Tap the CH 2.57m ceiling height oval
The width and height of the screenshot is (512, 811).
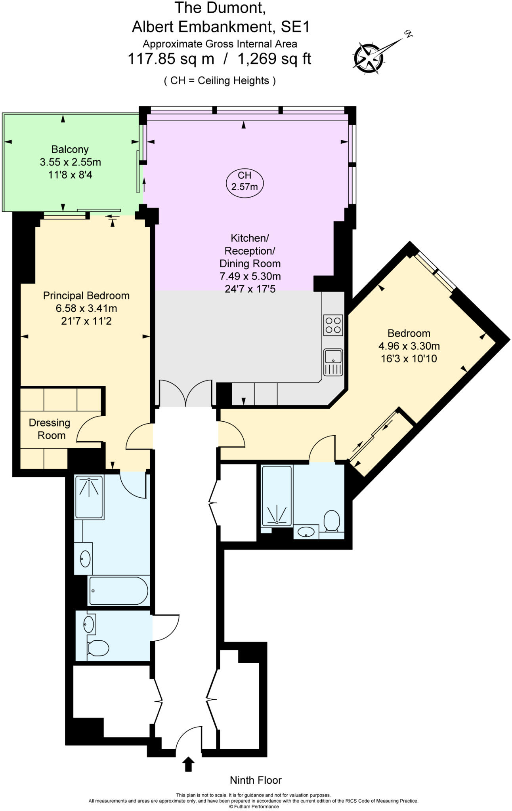[x=245, y=181]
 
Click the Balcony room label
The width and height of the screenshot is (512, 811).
[x=70, y=149]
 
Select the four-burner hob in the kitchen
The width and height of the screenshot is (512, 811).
[x=332, y=325]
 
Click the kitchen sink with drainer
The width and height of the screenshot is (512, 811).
[x=333, y=362]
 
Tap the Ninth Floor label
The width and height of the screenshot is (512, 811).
[x=256, y=780]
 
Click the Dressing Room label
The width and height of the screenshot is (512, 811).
[x=50, y=429]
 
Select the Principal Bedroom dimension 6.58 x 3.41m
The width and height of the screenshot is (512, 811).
[x=86, y=308]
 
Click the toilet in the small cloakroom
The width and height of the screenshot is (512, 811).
[x=98, y=648]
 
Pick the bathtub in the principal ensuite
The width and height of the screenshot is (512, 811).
[x=118, y=591]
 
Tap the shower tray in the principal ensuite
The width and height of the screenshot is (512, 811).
[x=89, y=497]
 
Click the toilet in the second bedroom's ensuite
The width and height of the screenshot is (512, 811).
[x=332, y=521]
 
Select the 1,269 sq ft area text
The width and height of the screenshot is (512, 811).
[x=274, y=59]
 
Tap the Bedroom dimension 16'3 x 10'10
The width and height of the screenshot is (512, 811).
[x=409, y=359]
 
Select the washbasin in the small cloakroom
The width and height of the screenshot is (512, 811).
[x=89, y=624]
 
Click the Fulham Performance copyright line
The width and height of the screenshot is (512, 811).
[x=254, y=807]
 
